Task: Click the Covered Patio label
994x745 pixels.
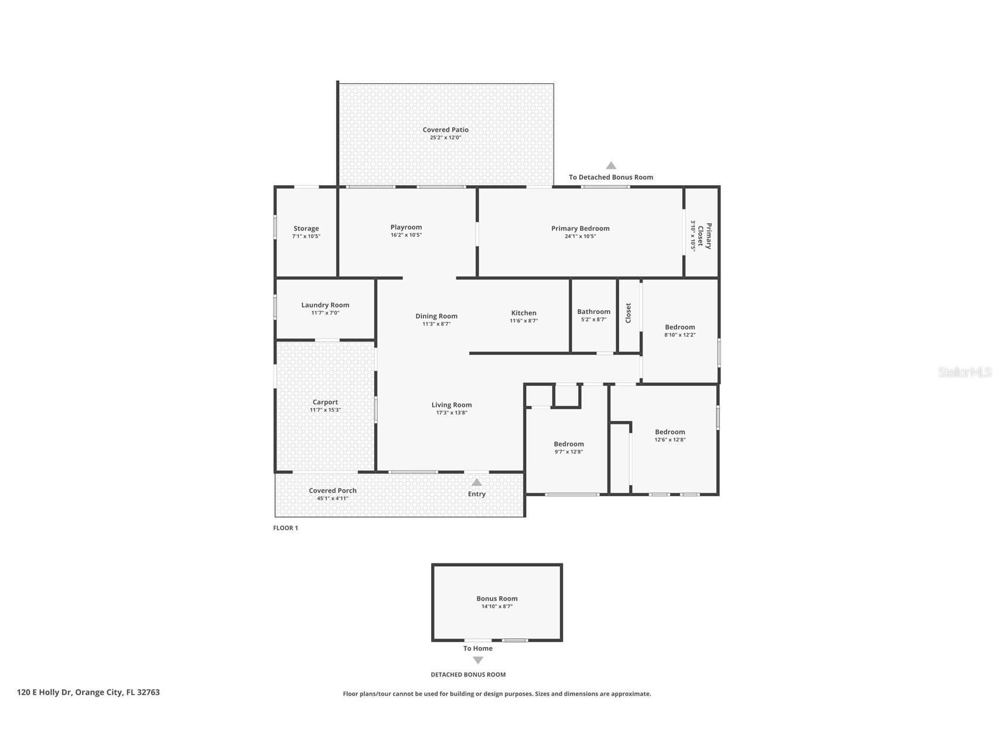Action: click(445, 130)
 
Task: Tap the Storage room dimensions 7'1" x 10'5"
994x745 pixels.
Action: click(306, 237)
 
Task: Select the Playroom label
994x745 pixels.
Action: click(406, 227)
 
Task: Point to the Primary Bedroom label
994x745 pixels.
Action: click(580, 228)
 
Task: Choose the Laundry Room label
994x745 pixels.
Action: click(325, 305)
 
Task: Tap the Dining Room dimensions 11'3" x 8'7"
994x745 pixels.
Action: click(436, 324)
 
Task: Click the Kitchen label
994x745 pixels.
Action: click(523, 313)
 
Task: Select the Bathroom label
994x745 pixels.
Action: click(593, 312)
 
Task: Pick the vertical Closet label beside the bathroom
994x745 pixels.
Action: click(628, 313)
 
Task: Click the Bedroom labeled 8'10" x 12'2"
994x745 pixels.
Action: click(679, 327)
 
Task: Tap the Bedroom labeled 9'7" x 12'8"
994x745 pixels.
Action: click(568, 444)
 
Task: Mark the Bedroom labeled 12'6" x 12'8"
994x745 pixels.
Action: click(670, 432)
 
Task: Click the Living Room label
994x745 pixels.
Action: click(451, 405)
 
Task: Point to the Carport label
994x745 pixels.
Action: click(325, 402)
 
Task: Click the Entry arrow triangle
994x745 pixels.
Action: click(477, 483)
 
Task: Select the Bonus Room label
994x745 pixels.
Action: click(497, 599)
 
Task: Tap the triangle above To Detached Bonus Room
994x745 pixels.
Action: click(611, 166)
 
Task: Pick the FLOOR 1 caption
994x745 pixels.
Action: click(285, 528)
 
